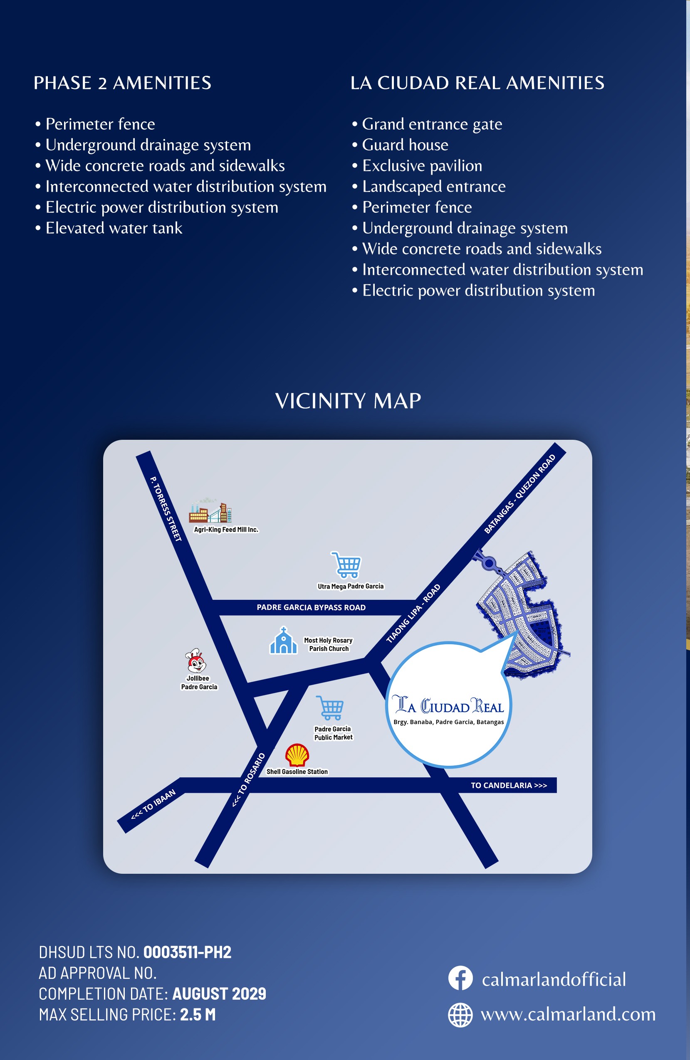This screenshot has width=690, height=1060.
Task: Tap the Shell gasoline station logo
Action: (297, 755)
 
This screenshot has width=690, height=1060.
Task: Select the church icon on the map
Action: (283, 641)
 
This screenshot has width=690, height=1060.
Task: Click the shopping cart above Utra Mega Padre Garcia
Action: (346, 565)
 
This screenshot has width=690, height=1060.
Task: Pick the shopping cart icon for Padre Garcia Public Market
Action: (330, 707)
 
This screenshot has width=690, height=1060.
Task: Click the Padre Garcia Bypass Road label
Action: (311, 607)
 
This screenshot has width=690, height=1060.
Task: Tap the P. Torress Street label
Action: (166, 509)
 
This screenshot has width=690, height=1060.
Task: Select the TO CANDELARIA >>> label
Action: (509, 785)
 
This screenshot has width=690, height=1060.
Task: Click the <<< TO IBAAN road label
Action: (153, 805)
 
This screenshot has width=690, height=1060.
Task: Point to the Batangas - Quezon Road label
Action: (520, 493)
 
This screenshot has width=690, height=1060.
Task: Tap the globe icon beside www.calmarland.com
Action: (460, 1015)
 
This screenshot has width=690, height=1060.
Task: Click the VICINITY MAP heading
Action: (348, 401)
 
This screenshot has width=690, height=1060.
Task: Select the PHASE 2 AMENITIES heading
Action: (123, 83)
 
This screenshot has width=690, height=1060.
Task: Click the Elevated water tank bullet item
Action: (114, 228)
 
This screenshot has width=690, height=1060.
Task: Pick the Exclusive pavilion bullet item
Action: (422, 166)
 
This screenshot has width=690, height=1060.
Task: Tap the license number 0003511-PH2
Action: (187, 952)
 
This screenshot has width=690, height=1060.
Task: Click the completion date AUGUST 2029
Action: (219, 993)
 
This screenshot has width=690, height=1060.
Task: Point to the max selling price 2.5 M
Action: (198, 1014)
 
